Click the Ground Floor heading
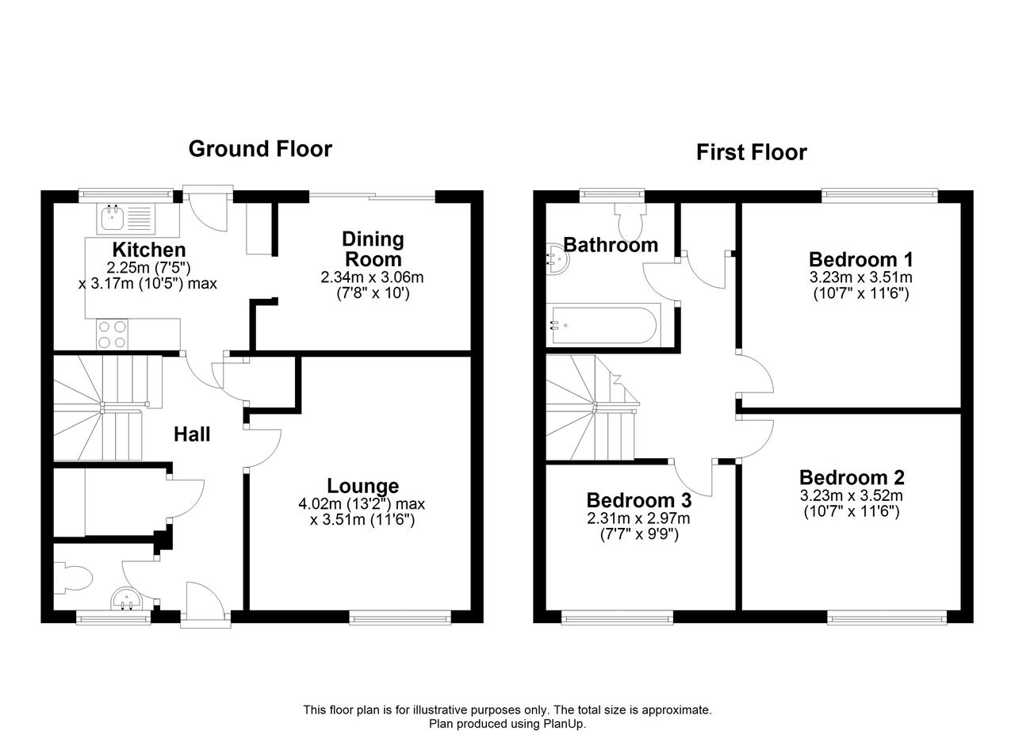coord(260,149)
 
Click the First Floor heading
coord(751,152)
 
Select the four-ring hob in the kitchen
coord(112,335)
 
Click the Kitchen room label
coord(149,250)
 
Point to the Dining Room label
coord(373,249)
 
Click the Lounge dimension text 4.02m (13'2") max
coord(362,503)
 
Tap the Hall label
coord(192,434)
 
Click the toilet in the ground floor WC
coord(73,578)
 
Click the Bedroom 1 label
coord(861,259)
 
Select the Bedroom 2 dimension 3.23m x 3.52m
coord(852,495)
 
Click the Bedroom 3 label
coord(639,500)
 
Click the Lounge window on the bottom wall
coord(400,618)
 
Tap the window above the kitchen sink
coord(126,195)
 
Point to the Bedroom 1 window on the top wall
coord(879,195)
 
